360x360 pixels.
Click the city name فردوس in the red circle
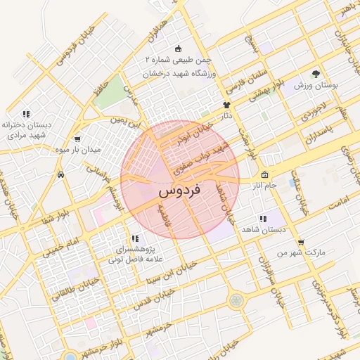[180, 190]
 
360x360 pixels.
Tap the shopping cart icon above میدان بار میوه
[77, 139]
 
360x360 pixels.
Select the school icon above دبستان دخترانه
[26, 113]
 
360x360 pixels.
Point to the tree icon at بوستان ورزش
[316, 74]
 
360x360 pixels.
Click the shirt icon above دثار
[226, 105]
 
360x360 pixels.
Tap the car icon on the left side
[62, 174]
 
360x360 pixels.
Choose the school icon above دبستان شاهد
[263, 219]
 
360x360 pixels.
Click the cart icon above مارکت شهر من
[300, 242]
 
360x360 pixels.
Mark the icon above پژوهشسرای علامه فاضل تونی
[135, 239]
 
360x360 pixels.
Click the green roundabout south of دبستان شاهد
[237, 300]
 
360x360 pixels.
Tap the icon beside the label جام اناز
[264, 175]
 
